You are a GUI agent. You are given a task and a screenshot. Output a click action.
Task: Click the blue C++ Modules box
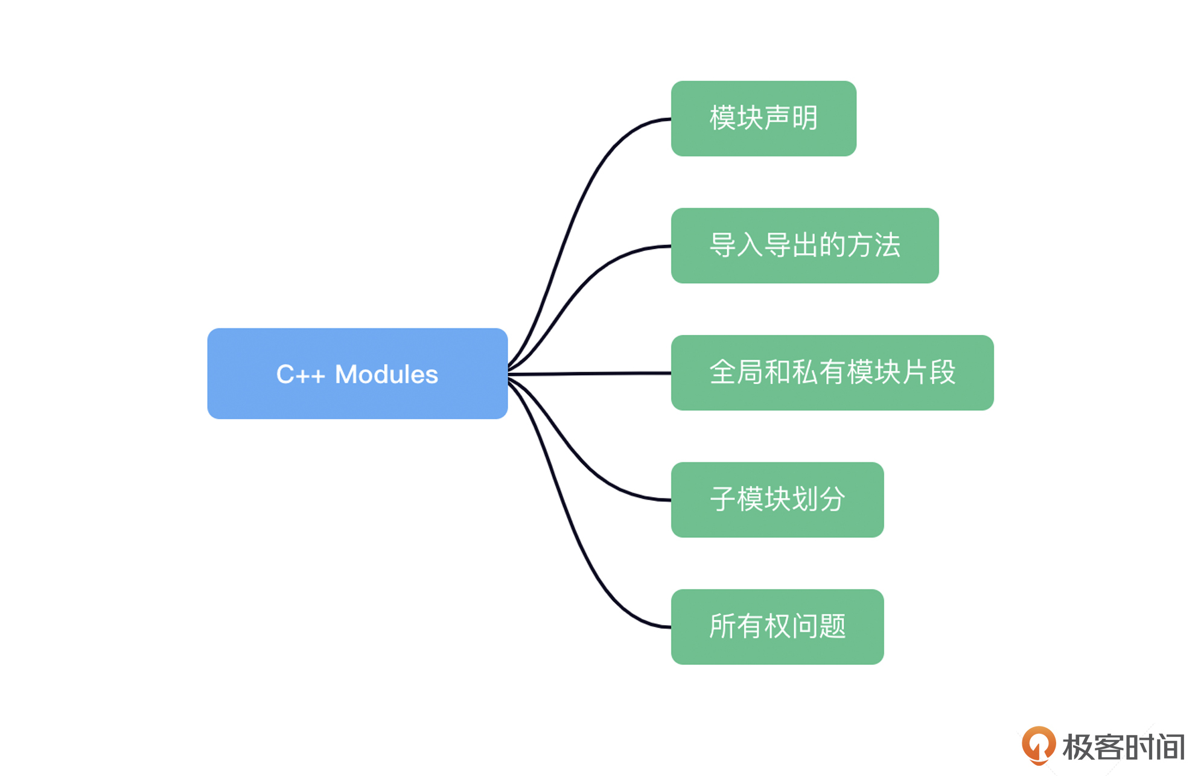(x=357, y=374)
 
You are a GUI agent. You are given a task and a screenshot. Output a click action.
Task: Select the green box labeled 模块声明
(x=763, y=118)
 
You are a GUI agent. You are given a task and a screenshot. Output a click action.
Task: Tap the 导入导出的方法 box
(x=804, y=246)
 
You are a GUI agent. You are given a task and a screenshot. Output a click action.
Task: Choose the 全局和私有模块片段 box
(x=832, y=373)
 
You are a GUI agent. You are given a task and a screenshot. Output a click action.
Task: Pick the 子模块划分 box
(x=777, y=500)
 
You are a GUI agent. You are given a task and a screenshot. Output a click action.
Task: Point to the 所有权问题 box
(x=777, y=627)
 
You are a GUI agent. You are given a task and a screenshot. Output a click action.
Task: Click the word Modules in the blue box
(x=386, y=374)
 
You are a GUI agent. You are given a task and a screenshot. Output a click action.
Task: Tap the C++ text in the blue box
(x=301, y=375)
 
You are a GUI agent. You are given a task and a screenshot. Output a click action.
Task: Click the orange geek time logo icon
(x=1038, y=746)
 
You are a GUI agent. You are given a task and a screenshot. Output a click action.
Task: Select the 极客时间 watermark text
(x=1124, y=747)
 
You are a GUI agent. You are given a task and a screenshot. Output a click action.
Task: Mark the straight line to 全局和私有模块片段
(x=590, y=374)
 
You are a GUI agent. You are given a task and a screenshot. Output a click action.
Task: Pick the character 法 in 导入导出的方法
(x=887, y=245)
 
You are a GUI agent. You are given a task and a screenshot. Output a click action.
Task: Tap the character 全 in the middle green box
(x=722, y=372)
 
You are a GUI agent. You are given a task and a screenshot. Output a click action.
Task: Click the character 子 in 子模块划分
(x=722, y=499)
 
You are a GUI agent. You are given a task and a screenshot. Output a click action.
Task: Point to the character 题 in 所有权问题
(x=833, y=626)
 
